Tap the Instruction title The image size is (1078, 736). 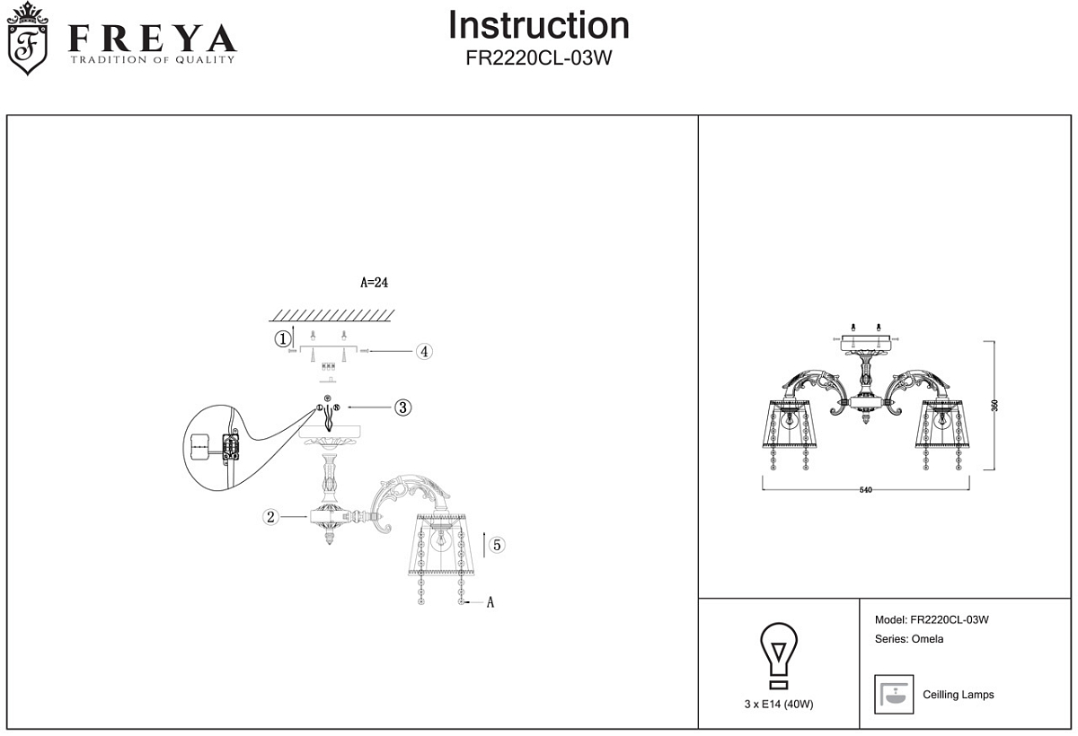click(538, 26)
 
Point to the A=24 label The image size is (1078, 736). click(374, 282)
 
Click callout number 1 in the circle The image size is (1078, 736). click(282, 338)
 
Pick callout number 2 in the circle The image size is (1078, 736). click(269, 516)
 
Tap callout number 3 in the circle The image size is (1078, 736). click(402, 407)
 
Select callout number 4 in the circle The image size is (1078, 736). click(424, 351)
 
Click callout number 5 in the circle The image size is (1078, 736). click(497, 544)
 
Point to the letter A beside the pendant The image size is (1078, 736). click(490, 603)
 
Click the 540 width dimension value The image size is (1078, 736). click(866, 491)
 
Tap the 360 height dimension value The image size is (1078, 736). click(994, 406)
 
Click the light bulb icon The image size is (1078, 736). click(779, 654)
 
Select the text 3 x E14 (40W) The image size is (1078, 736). click(779, 705)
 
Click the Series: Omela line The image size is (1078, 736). click(908, 639)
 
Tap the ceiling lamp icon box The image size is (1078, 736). click(893, 694)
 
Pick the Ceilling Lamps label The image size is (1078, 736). click(958, 695)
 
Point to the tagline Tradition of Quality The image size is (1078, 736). click(153, 60)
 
